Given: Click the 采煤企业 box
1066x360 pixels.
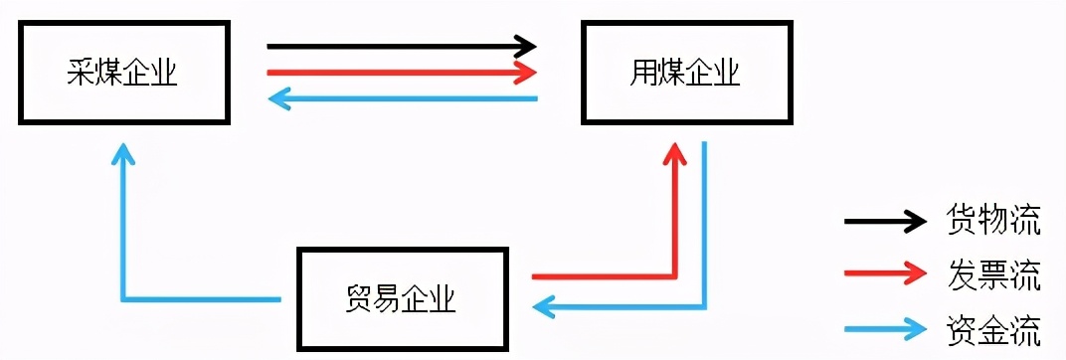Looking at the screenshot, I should pyautogui.click(x=121, y=73).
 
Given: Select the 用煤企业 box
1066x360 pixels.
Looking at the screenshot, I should pyautogui.click(x=686, y=73).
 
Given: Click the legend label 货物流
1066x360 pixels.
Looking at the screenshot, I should pyautogui.click(x=994, y=222).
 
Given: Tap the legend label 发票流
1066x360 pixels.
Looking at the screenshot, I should pyautogui.click(x=994, y=276).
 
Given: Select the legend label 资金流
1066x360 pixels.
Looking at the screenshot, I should pyautogui.click(x=994, y=328).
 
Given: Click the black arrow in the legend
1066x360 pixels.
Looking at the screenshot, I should pyautogui.click(x=885, y=222).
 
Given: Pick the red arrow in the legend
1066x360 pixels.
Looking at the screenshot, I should pyautogui.click(x=885, y=275).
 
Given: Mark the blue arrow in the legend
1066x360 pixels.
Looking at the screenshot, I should pyautogui.click(x=885, y=328).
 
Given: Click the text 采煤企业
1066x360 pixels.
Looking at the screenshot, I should pyautogui.click(x=121, y=73).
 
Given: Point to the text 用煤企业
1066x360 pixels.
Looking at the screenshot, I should pyautogui.click(x=686, y=73).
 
